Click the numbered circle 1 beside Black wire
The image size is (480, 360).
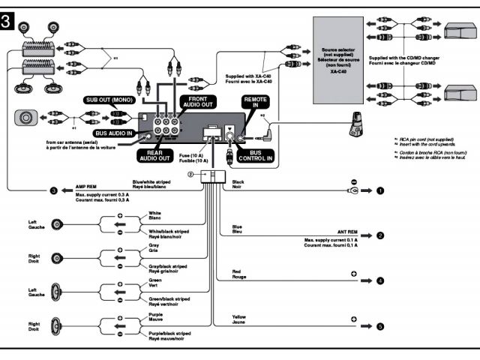click(x=380, y=190)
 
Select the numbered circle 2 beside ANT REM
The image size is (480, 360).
click(x=380, y=235)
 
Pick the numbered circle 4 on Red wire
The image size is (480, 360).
click(x=380, y=280)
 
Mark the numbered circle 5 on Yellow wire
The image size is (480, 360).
click(x=380, y=326)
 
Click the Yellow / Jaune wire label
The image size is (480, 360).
click(x=239, y=319)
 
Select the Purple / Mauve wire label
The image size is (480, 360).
click(x=156, y=317)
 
